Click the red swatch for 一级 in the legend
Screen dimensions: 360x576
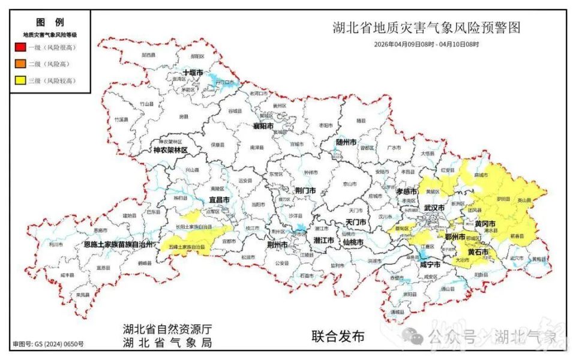click(x=20, y=47)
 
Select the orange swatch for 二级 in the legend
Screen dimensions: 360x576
click(x=20, y=64)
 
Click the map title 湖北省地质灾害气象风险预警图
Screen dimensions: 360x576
click(x=426, y=28)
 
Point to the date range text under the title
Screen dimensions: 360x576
click(x=426, y=44)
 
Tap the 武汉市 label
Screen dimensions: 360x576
click(x=434, y=207)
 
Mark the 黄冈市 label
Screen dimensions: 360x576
click(x=485, y=223)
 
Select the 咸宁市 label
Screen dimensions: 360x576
click(x=430, y=264)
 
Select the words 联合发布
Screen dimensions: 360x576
click(x=338, y=337)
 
